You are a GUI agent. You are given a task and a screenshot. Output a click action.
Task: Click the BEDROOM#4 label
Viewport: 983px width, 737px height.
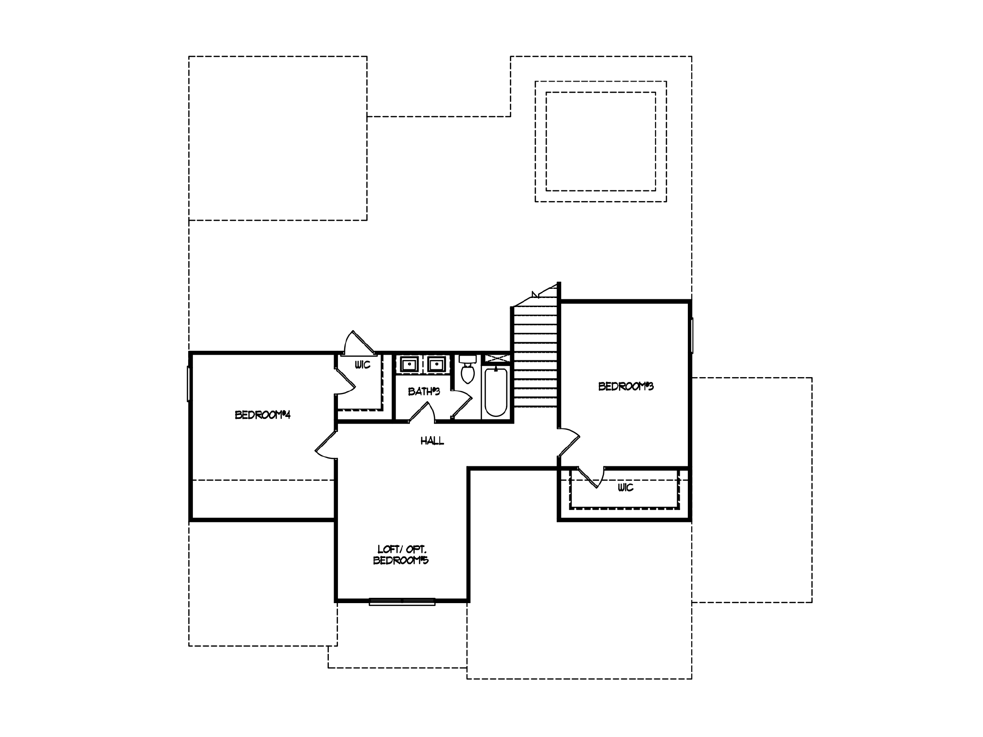pyautogui.click(x=263, y=415)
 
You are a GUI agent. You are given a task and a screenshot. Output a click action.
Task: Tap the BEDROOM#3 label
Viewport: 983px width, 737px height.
pyautogui.click(x=625, y=386)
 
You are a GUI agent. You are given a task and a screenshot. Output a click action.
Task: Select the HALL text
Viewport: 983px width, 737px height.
pyautogui.click(x=432, y=440)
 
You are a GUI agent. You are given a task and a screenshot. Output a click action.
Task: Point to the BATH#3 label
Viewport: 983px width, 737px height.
pyautogui.click(x=424, y=392)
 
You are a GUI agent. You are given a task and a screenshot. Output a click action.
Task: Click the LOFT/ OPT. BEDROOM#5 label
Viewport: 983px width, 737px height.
pyautogui.click(x=401, y=555)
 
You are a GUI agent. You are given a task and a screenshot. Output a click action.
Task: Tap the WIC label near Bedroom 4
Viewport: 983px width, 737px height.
pyautogui.click(x=362, y=365)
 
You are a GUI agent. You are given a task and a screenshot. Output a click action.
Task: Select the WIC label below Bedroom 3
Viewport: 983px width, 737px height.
pyautogui.click(x=625, y=487)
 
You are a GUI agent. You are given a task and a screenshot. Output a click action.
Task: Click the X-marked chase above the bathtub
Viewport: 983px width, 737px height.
pyautogui.click(x=496, y=358)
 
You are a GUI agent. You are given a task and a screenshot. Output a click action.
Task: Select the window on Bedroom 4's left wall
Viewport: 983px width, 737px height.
pyautogui.click(x=189, y=383)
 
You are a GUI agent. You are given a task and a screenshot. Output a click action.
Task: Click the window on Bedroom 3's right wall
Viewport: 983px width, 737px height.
pyautogui.click(x=692, y=335)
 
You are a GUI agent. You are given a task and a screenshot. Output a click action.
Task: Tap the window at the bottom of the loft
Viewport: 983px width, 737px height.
pyautogui.click(x=402, y=601)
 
